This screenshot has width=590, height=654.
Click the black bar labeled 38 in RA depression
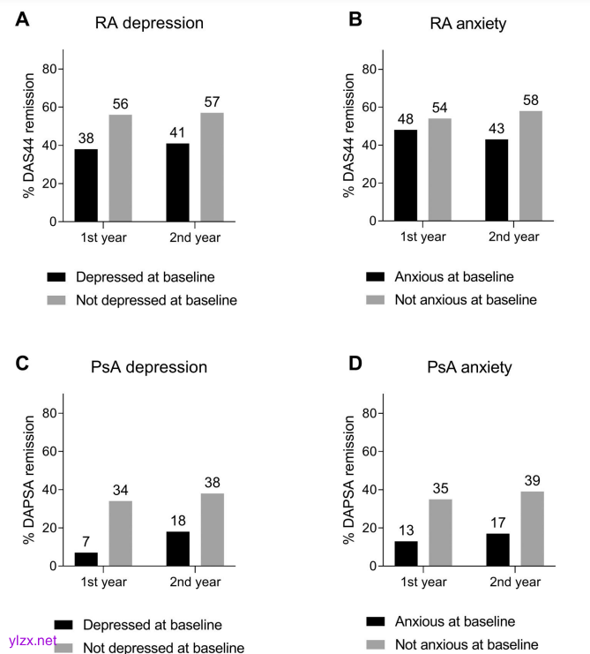pyautogui.click(x=86, y=185)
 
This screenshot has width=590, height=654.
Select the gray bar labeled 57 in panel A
pyautogui.click(x=212, y=167)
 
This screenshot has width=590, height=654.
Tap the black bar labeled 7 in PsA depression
pyautogui.click(x=86, y=559)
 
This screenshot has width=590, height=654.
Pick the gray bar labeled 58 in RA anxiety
pyautogui.click(x=531, y=166)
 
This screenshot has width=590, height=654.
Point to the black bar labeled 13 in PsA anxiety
pyautogui.click(x=406, y=553)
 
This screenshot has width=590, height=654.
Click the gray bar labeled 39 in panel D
pyautogui.click(x=531, y=529)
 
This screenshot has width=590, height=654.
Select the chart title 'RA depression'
pyautogui.click(x=149, y=24)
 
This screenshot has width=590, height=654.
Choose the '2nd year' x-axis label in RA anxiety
pyautogui.click(x=512, y=237)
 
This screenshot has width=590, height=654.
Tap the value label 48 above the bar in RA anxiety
pyautogui.click(x=405, y=118)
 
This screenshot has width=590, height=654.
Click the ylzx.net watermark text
pyautogui.click(x=29, y=641)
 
